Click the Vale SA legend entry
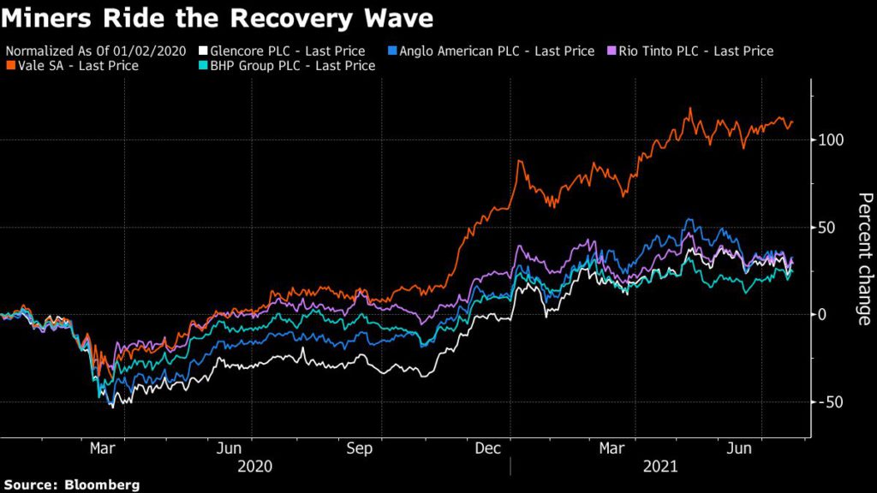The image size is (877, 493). pos(78,66)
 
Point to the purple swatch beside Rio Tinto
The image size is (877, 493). pos(612,51)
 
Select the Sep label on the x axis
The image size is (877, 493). pos(359,448)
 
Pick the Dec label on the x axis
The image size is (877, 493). pos(488,448)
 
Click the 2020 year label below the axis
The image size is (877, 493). pos(254,466)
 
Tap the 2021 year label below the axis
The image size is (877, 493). pos(659,466)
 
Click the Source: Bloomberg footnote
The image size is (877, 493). pos(70,484)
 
